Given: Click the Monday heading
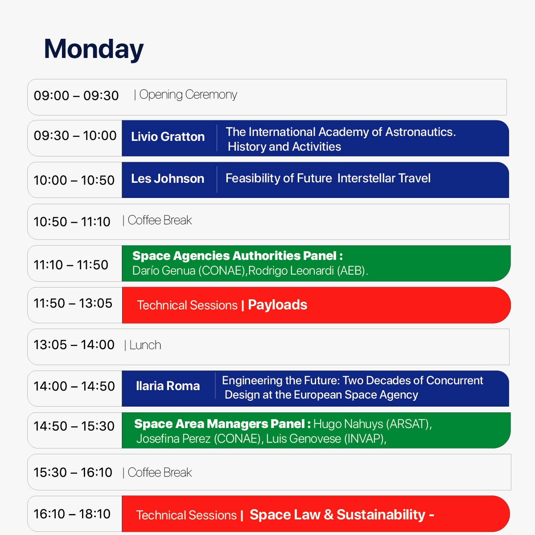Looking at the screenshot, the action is click(94, 49).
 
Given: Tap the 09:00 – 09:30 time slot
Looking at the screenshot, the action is click(76, 95).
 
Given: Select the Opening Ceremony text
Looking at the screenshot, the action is click(188, 95).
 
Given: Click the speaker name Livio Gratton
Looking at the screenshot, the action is click(168, 136).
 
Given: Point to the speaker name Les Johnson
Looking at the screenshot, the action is click(168, 178).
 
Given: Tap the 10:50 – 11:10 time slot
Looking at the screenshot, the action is click(72, 222).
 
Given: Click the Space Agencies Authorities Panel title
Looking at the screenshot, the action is click(237, 256).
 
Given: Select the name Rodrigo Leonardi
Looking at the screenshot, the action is click(291, 271).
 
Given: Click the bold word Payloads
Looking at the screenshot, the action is click(277, 305).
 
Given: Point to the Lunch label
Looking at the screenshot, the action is click(145, 345).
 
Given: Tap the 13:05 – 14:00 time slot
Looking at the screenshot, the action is click(74, 345).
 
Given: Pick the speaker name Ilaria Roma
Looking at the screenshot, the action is click(168, 386).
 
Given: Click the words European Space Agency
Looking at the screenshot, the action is click(356, 395).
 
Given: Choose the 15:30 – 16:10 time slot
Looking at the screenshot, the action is click(73, 472).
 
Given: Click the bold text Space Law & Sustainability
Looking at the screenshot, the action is click(337, 514).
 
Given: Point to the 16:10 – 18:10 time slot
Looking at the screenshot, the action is click(72, 514).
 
